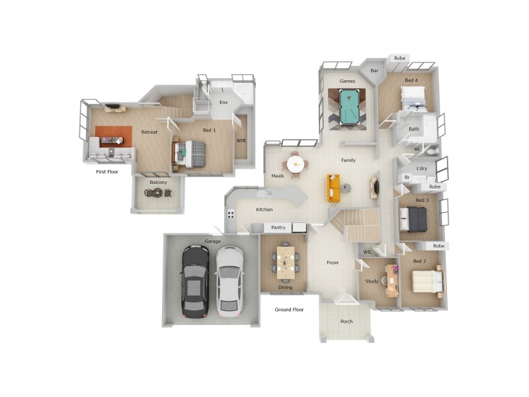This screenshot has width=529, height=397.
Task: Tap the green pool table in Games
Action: click(347, 107)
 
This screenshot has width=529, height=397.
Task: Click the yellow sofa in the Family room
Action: click(334, 188)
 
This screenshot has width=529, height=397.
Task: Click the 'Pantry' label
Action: click(278, 228)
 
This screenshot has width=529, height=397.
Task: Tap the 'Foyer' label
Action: click(333, 263)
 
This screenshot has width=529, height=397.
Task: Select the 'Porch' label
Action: click(346, 322)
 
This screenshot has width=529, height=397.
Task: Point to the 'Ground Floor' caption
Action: click(289, 309)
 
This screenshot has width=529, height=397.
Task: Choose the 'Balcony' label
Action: click(158, 182)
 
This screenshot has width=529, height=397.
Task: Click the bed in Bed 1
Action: click(192, 154)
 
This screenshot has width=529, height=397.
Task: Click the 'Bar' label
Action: click(374, 70)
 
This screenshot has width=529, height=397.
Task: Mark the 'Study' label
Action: click(372, 281)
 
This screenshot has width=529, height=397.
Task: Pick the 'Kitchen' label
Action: click(264, 210)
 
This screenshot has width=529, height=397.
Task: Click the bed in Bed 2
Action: click(427, 283)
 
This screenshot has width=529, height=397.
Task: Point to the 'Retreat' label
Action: click(149, 132)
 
